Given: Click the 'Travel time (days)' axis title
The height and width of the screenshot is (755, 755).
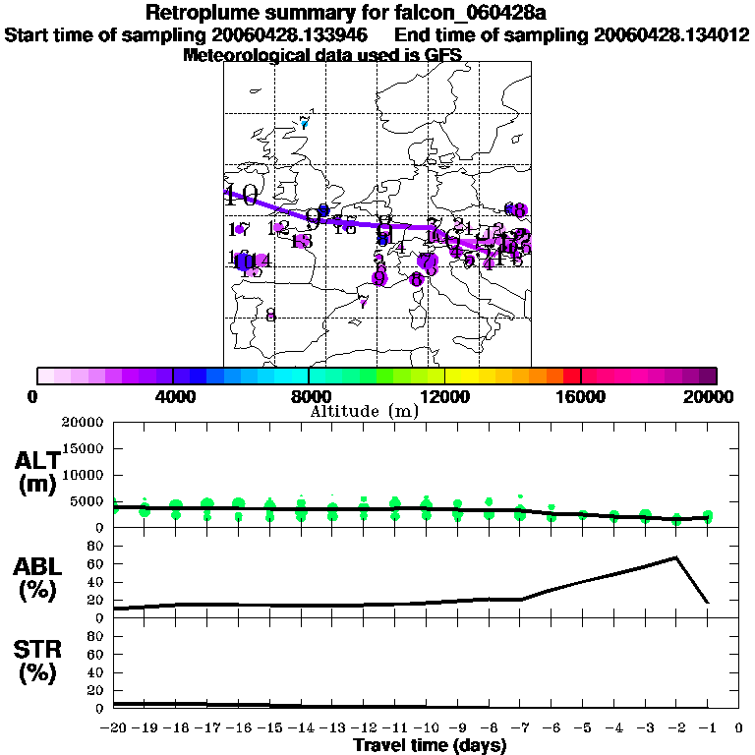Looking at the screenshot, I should [x=430, y=745].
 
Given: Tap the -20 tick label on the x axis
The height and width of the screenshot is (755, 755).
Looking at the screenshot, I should [x=115, y=727].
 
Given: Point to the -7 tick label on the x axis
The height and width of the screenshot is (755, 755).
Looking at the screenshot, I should [x=520, y=727].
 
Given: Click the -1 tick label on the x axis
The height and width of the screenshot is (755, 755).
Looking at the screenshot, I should [x=707, y=727].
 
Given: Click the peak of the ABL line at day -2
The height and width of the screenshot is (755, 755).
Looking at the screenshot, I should [x=676, y=557].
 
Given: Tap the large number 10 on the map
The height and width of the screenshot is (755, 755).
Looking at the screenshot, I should [x=241, y=195].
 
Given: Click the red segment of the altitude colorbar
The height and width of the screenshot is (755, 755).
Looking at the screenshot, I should [x=571, y=376].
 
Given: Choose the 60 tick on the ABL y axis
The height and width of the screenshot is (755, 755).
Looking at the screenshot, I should [x=94, y=564].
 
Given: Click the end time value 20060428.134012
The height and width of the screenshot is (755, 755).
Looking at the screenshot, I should [x=671, y=35].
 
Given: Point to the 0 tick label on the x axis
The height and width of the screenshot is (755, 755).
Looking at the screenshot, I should [x=739, y=727].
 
